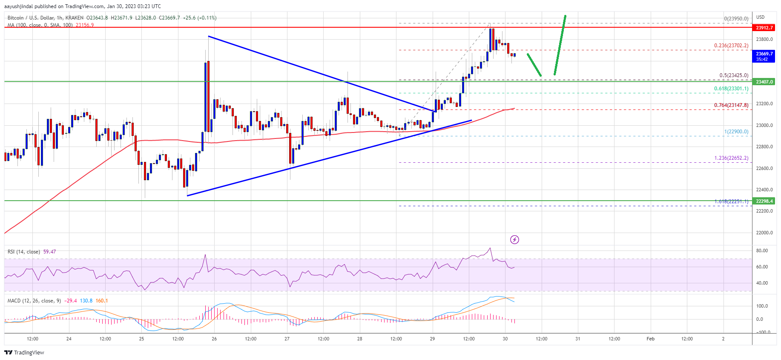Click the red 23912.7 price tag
click(x=764, y=28)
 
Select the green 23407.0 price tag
click(x=764, y=82)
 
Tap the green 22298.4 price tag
click(x=764, y=201)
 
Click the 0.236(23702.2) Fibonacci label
click(x=731, y=46)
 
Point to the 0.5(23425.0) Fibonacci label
click(x=733, y=75)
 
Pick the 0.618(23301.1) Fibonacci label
click(x=731, y=89)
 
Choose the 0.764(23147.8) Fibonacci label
click(x=731, y=105)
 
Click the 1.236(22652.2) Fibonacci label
click(x=731, y=158)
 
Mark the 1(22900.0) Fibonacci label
click(x=736, y=132)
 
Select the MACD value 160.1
click(x=102, y=301)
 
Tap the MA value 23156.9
click(x=85, y=25)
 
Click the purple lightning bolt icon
click(x=514, y=239)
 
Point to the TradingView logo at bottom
click(x=24, y=352)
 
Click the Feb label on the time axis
click(x=650, y=339)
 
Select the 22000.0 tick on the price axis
click(x=764, y=233)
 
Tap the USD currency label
click(x=760, y=17)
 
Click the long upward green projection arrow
click(x=560, y=45)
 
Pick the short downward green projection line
click(x=534, y=65)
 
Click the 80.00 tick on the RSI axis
click(x=762, y=251)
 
